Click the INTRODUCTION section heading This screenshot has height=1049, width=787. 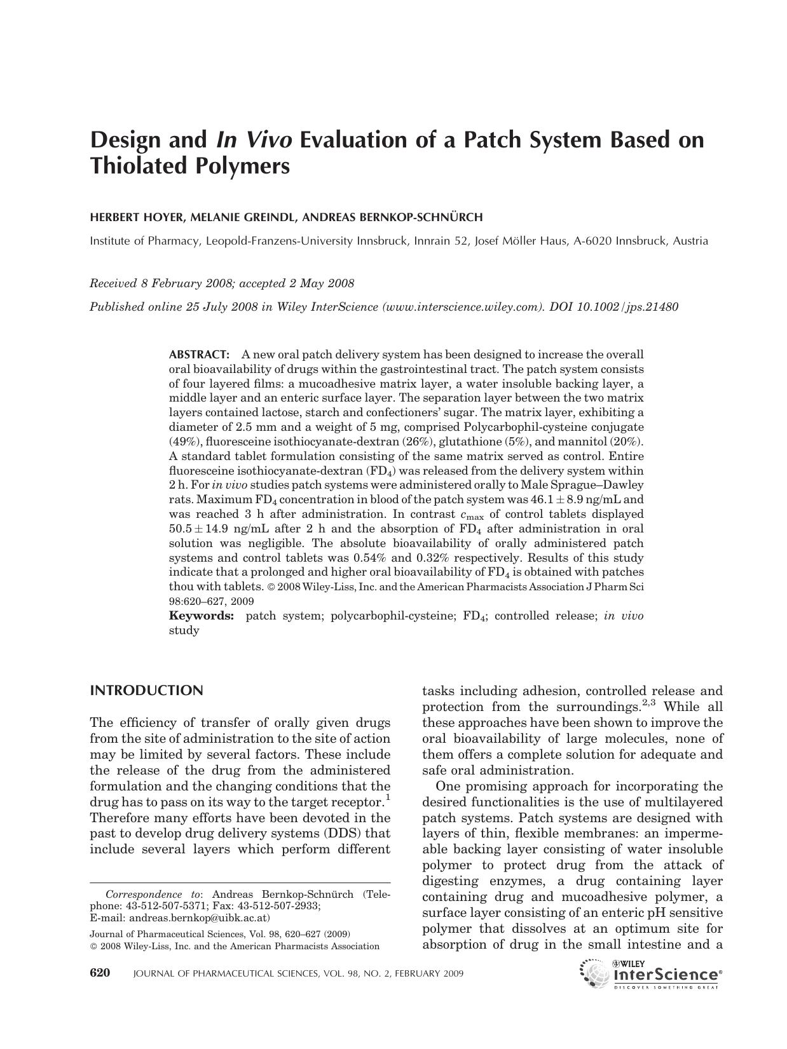click(x=147, y=691)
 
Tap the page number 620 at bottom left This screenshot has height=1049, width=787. click(x=100, y=973)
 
